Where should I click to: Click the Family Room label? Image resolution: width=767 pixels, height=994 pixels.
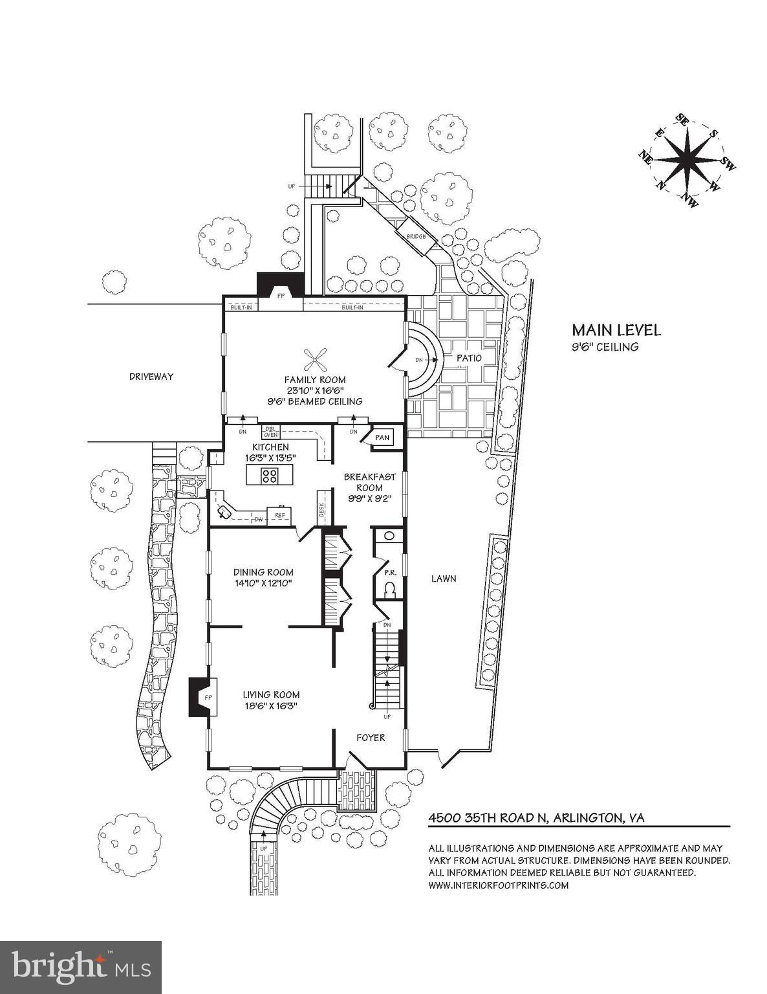315,380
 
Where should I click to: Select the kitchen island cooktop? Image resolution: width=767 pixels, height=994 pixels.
270,476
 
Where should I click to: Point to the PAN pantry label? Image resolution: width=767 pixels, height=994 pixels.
382,438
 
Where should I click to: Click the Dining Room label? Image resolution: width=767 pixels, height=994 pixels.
263,572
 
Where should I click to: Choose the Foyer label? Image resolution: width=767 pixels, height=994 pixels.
371,737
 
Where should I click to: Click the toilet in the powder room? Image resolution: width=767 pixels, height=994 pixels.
390,590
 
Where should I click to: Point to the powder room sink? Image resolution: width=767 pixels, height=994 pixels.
389,536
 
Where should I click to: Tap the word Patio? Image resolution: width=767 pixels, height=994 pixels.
469,358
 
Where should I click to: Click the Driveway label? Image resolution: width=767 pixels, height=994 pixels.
151,376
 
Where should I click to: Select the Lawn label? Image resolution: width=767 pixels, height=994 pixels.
444,578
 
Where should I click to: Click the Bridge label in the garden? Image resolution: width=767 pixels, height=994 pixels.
416,236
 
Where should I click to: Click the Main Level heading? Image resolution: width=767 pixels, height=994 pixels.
612,330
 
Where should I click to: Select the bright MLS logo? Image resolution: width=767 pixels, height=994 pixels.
81,967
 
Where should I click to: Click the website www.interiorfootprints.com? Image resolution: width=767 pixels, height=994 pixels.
499,885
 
